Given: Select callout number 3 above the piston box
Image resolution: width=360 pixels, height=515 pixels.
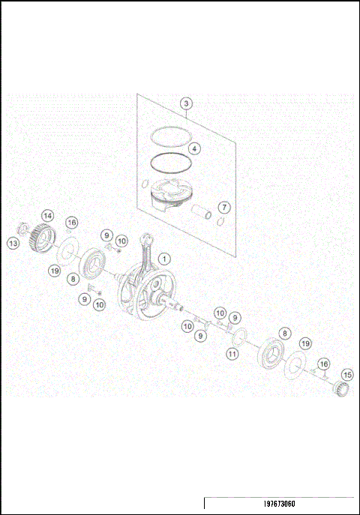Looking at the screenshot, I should pos(187,103).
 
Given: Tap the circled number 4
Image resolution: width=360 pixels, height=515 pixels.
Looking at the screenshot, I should pos(194,148).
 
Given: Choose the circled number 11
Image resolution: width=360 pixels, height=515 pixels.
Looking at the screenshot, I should pos(233,352).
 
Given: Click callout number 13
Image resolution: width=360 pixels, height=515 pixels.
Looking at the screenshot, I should pos(13,243).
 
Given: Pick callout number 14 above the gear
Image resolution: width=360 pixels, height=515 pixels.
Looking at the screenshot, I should pos(46,216).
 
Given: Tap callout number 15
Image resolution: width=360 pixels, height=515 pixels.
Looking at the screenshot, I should pos(346,374).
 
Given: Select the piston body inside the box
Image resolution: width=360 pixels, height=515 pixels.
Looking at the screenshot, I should pos(167,194).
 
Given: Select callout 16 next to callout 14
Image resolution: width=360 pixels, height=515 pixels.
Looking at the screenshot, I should pos(71,223).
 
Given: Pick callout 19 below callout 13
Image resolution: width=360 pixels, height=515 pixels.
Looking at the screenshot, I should pos(55,270).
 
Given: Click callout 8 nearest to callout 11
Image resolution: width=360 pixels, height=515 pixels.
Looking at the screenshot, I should pos(284,332).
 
